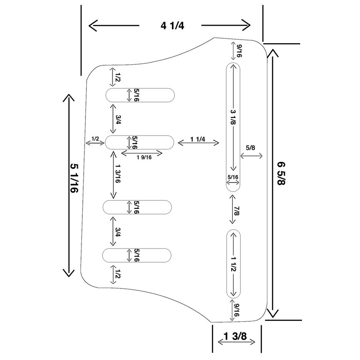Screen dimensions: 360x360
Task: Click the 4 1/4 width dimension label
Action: (172, 26)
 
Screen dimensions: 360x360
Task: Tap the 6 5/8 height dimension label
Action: (281, 173)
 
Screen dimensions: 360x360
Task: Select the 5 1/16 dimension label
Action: (74, 178)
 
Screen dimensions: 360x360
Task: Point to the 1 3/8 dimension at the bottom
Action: (235, 336)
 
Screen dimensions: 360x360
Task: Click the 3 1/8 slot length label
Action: (233, 117)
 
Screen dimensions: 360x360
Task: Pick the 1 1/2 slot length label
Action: (234, 264)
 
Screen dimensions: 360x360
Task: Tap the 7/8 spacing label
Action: (237, 211)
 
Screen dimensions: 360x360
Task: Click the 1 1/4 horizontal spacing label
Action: (198, 139)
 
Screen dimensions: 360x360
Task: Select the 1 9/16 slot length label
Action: (144, 157)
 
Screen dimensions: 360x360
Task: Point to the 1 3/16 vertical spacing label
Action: (118, 173)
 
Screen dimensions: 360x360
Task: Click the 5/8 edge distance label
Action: (251, 148)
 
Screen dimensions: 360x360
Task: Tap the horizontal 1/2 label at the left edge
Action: (95, 139)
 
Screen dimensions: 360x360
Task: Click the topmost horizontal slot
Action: (140, 95)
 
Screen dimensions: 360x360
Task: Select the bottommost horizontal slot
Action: (137, 255)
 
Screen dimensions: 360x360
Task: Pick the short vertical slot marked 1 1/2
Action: (234, 264)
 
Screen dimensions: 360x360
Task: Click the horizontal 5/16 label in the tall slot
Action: (233, 177)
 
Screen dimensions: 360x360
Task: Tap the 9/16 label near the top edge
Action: (239, 51)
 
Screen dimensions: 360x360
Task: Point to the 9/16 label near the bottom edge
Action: (237, 310)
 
